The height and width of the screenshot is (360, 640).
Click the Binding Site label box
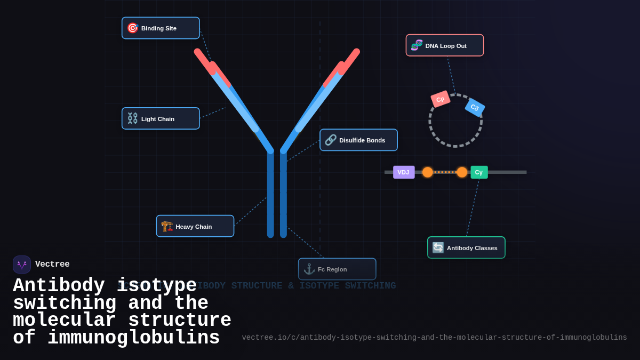[x=161, y=28]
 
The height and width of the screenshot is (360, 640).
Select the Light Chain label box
[x=161, y=119]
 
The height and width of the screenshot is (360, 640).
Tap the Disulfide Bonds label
[x=358, y=140]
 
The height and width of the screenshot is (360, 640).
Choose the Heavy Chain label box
[x=195, y=227]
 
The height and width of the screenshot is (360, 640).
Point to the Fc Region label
[x=337, y=269]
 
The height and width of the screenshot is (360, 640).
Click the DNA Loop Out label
[x=445, y=46]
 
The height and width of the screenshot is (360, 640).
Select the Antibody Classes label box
[x=466, y=248]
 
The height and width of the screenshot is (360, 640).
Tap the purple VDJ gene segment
[x=404, y=172]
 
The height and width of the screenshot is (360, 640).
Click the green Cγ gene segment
[x=479, y=172]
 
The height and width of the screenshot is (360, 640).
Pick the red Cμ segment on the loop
[x=441, y=99]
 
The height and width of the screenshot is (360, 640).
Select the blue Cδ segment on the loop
[x=475, y=107]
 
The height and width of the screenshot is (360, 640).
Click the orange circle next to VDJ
[x=428, y=172]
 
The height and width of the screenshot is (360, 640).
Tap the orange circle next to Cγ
[x=462, y=172]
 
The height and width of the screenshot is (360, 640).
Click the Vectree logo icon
[x=22, y=265]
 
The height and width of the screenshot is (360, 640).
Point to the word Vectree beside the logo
[x=52, y=265]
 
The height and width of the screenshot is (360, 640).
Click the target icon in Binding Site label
[x=133, y=28]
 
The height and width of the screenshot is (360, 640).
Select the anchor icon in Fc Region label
[x=309, y=269]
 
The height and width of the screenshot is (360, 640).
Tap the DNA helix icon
[x=417, y=45]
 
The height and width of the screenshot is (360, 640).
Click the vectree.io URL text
[x=434, y=338]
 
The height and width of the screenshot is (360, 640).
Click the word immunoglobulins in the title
[x=133, y=338]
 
